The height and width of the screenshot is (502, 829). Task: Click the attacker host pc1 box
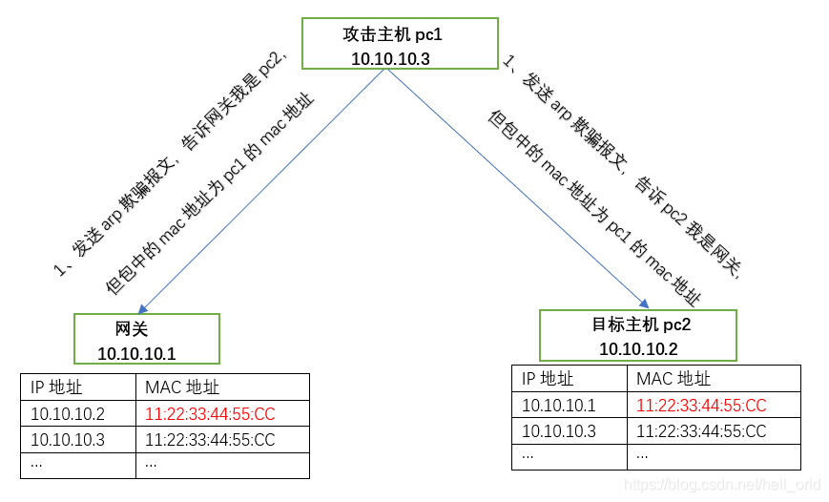coord(400,44)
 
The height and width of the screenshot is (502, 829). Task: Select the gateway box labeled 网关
coord(147,339)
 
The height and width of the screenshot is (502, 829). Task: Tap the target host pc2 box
coord(637,335)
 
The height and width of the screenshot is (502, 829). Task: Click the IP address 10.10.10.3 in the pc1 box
coord(390,58)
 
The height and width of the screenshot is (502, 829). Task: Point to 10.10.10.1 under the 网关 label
coord(136,354)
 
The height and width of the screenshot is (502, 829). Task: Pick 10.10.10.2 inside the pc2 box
coord(638,349)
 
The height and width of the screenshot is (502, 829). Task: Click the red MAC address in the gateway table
coord(210,414)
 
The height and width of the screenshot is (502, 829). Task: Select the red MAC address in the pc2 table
coord(701,406)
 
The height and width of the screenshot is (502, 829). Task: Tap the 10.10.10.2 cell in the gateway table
coord(68,414)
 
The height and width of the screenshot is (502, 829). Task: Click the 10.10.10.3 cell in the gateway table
coord(68,440)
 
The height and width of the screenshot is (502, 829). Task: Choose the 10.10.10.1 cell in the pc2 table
coord(559,406)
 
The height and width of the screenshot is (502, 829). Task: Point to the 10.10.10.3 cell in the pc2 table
coord(559,431)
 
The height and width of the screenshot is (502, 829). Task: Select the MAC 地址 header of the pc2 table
coord(674,379)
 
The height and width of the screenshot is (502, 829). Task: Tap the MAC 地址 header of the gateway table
coord(182,387)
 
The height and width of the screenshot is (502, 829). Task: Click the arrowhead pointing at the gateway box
coord(142,308)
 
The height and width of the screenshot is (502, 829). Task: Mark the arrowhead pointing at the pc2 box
coord(645,303)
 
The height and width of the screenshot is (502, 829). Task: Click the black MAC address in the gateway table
coord(210,440)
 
